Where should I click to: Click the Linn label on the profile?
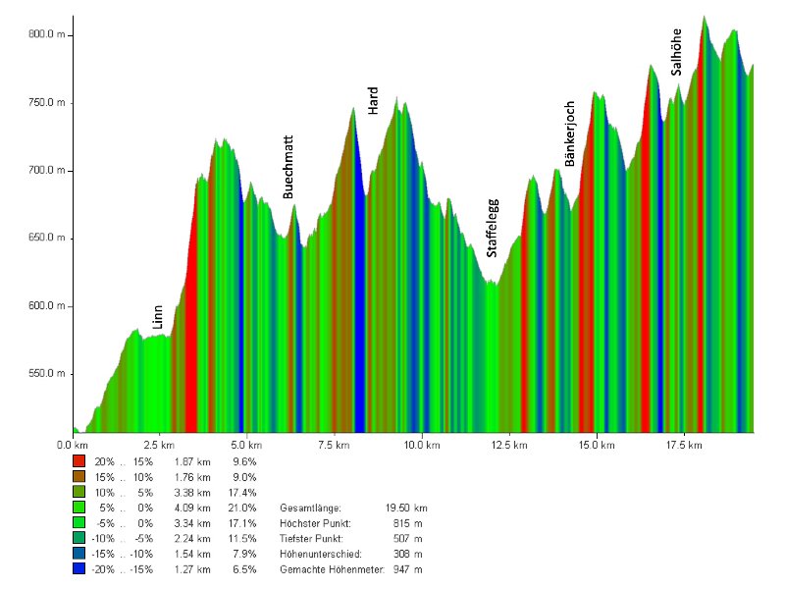pos(157,316)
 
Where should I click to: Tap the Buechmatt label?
pos(288,167)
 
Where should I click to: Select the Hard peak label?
pos(373,100)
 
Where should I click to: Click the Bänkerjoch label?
pos(570,133)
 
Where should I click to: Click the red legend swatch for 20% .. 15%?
pos(78,460)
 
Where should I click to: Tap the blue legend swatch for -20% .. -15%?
pos(78,569)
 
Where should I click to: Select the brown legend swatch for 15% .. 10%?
pos(78,476)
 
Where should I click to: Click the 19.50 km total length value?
pos(407,508)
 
